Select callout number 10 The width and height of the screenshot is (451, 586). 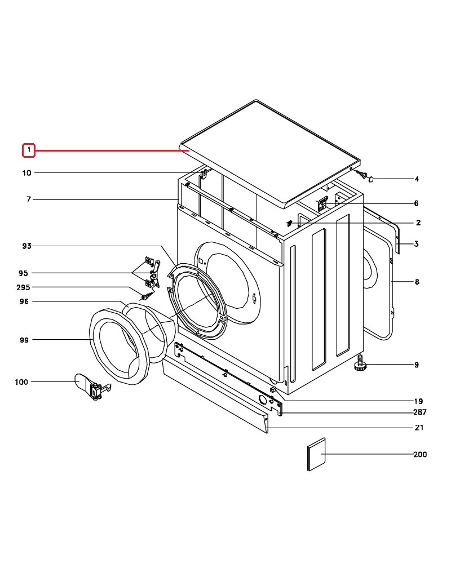[27, 173]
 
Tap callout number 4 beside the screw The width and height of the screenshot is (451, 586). [417, 179]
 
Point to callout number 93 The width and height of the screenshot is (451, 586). [27, 246]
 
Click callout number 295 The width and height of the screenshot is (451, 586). [23, 288]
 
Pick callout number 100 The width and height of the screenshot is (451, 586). [21, 382]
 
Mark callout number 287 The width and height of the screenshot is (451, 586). [420, 412]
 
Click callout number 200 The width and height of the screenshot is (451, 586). [420, 454]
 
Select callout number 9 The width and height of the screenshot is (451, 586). [417, 365]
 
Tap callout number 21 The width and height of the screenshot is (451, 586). [419, 428]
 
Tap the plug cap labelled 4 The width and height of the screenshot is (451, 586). [372, 179]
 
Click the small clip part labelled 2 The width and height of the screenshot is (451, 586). [290, 223]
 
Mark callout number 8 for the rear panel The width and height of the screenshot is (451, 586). [417, 282]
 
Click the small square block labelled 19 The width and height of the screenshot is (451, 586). [273, 389]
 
